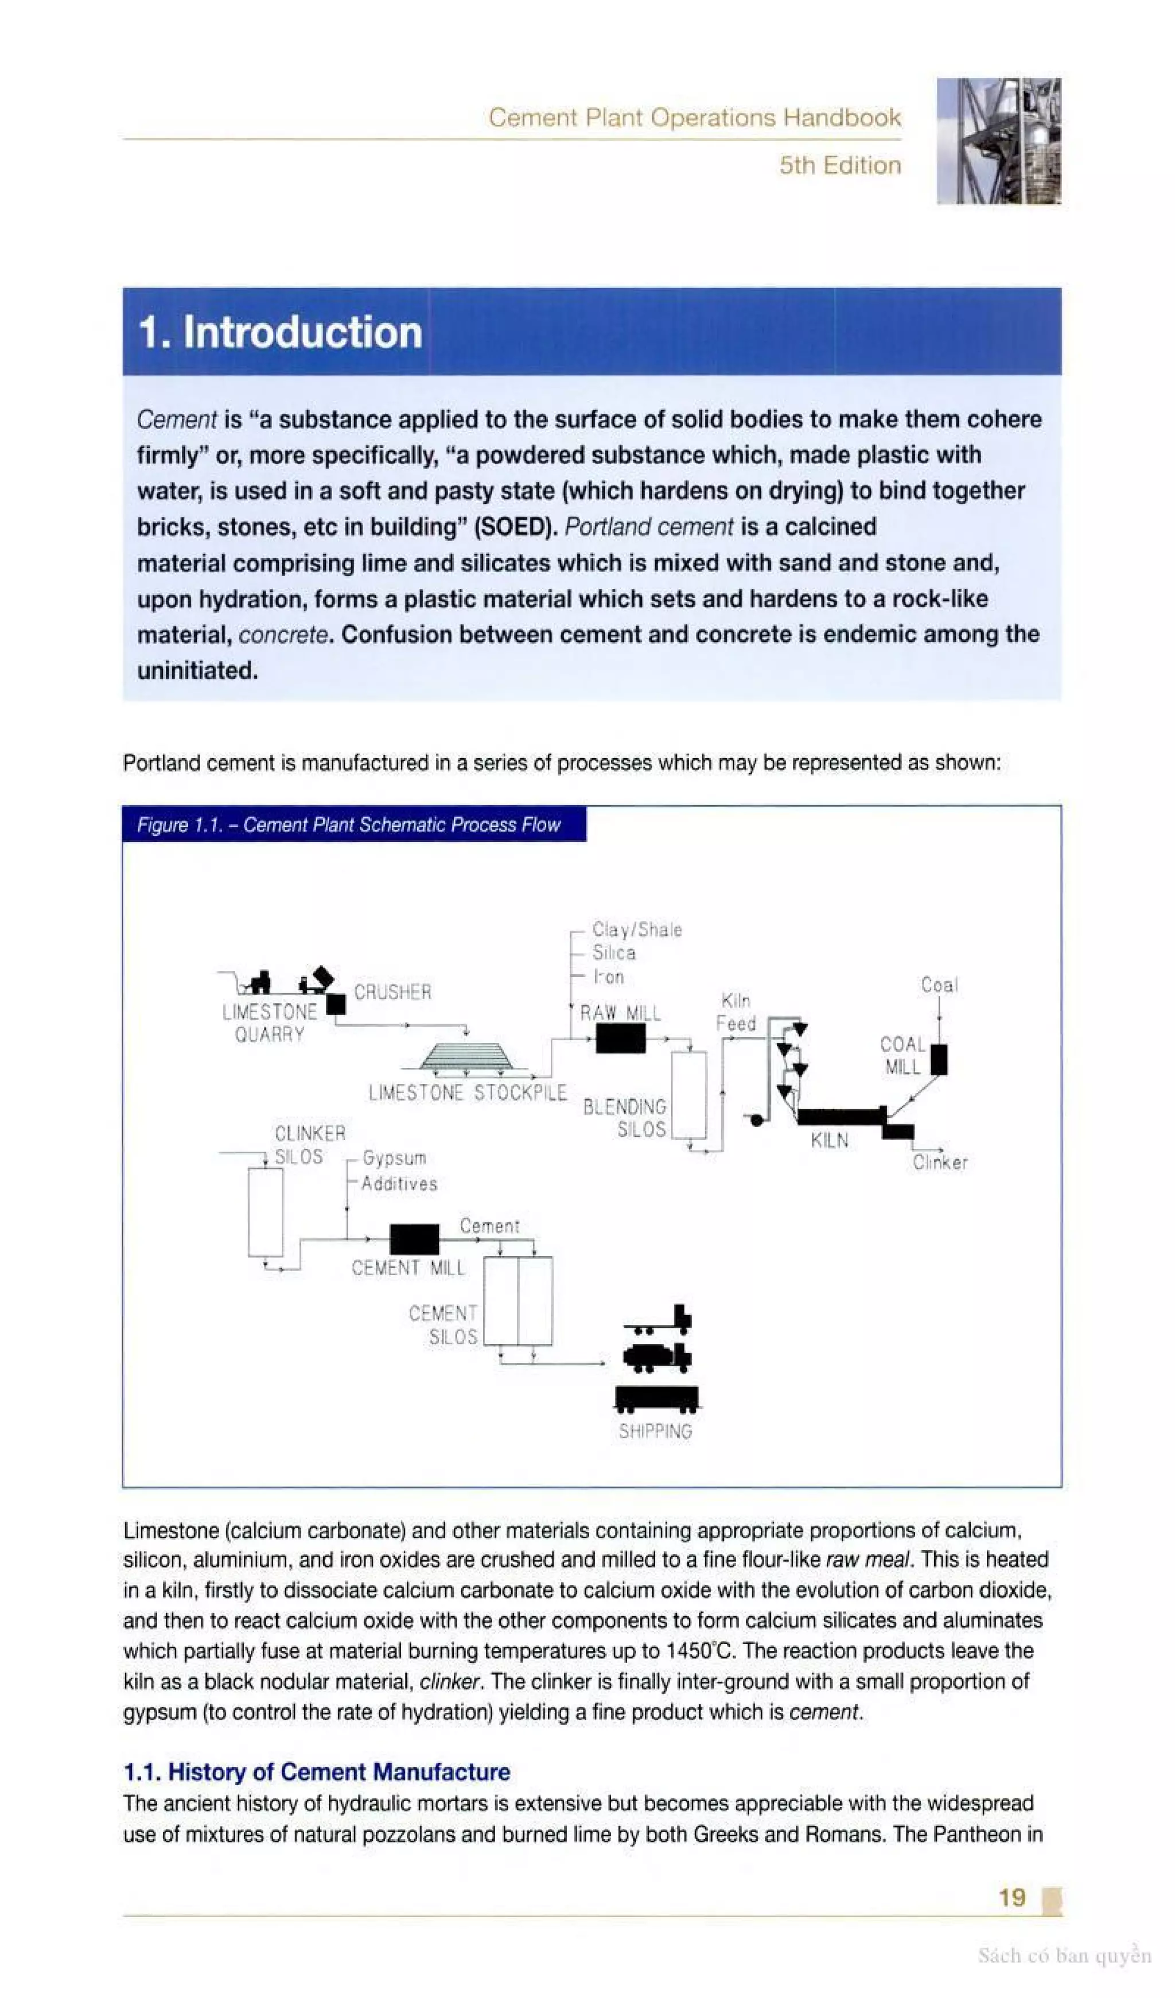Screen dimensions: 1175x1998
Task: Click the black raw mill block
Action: [620, 1038]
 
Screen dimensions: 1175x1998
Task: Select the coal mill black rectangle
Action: [939, 1059]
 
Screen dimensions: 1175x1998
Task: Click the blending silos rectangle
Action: [689, 1095]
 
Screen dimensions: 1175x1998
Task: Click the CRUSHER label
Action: [392, 992]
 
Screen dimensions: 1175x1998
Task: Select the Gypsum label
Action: [394, 1159]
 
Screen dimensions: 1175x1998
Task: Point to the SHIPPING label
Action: [655, 1431]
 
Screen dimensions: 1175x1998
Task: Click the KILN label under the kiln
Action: [829, 1140]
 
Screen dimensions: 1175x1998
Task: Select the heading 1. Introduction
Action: [280, 332]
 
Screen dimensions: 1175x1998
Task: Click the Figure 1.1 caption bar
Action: [355, 825]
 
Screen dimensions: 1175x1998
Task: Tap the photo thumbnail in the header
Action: [998, 141]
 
